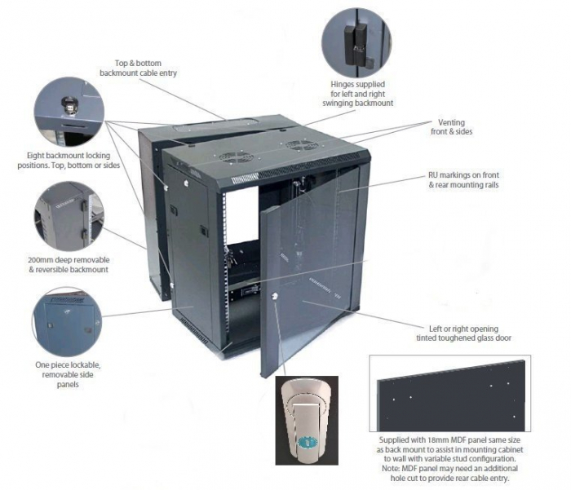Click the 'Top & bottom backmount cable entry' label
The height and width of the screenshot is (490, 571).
(138, 68)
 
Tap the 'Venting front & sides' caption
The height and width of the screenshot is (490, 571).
(451, 126)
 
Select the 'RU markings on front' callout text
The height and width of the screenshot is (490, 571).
(463, 179)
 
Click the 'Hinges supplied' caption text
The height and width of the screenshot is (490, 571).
(357, 94)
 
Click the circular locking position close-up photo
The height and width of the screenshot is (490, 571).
(69, 109)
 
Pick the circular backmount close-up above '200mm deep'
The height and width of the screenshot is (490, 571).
(68, 216)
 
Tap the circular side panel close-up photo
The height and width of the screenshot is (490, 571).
(68, 320)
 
